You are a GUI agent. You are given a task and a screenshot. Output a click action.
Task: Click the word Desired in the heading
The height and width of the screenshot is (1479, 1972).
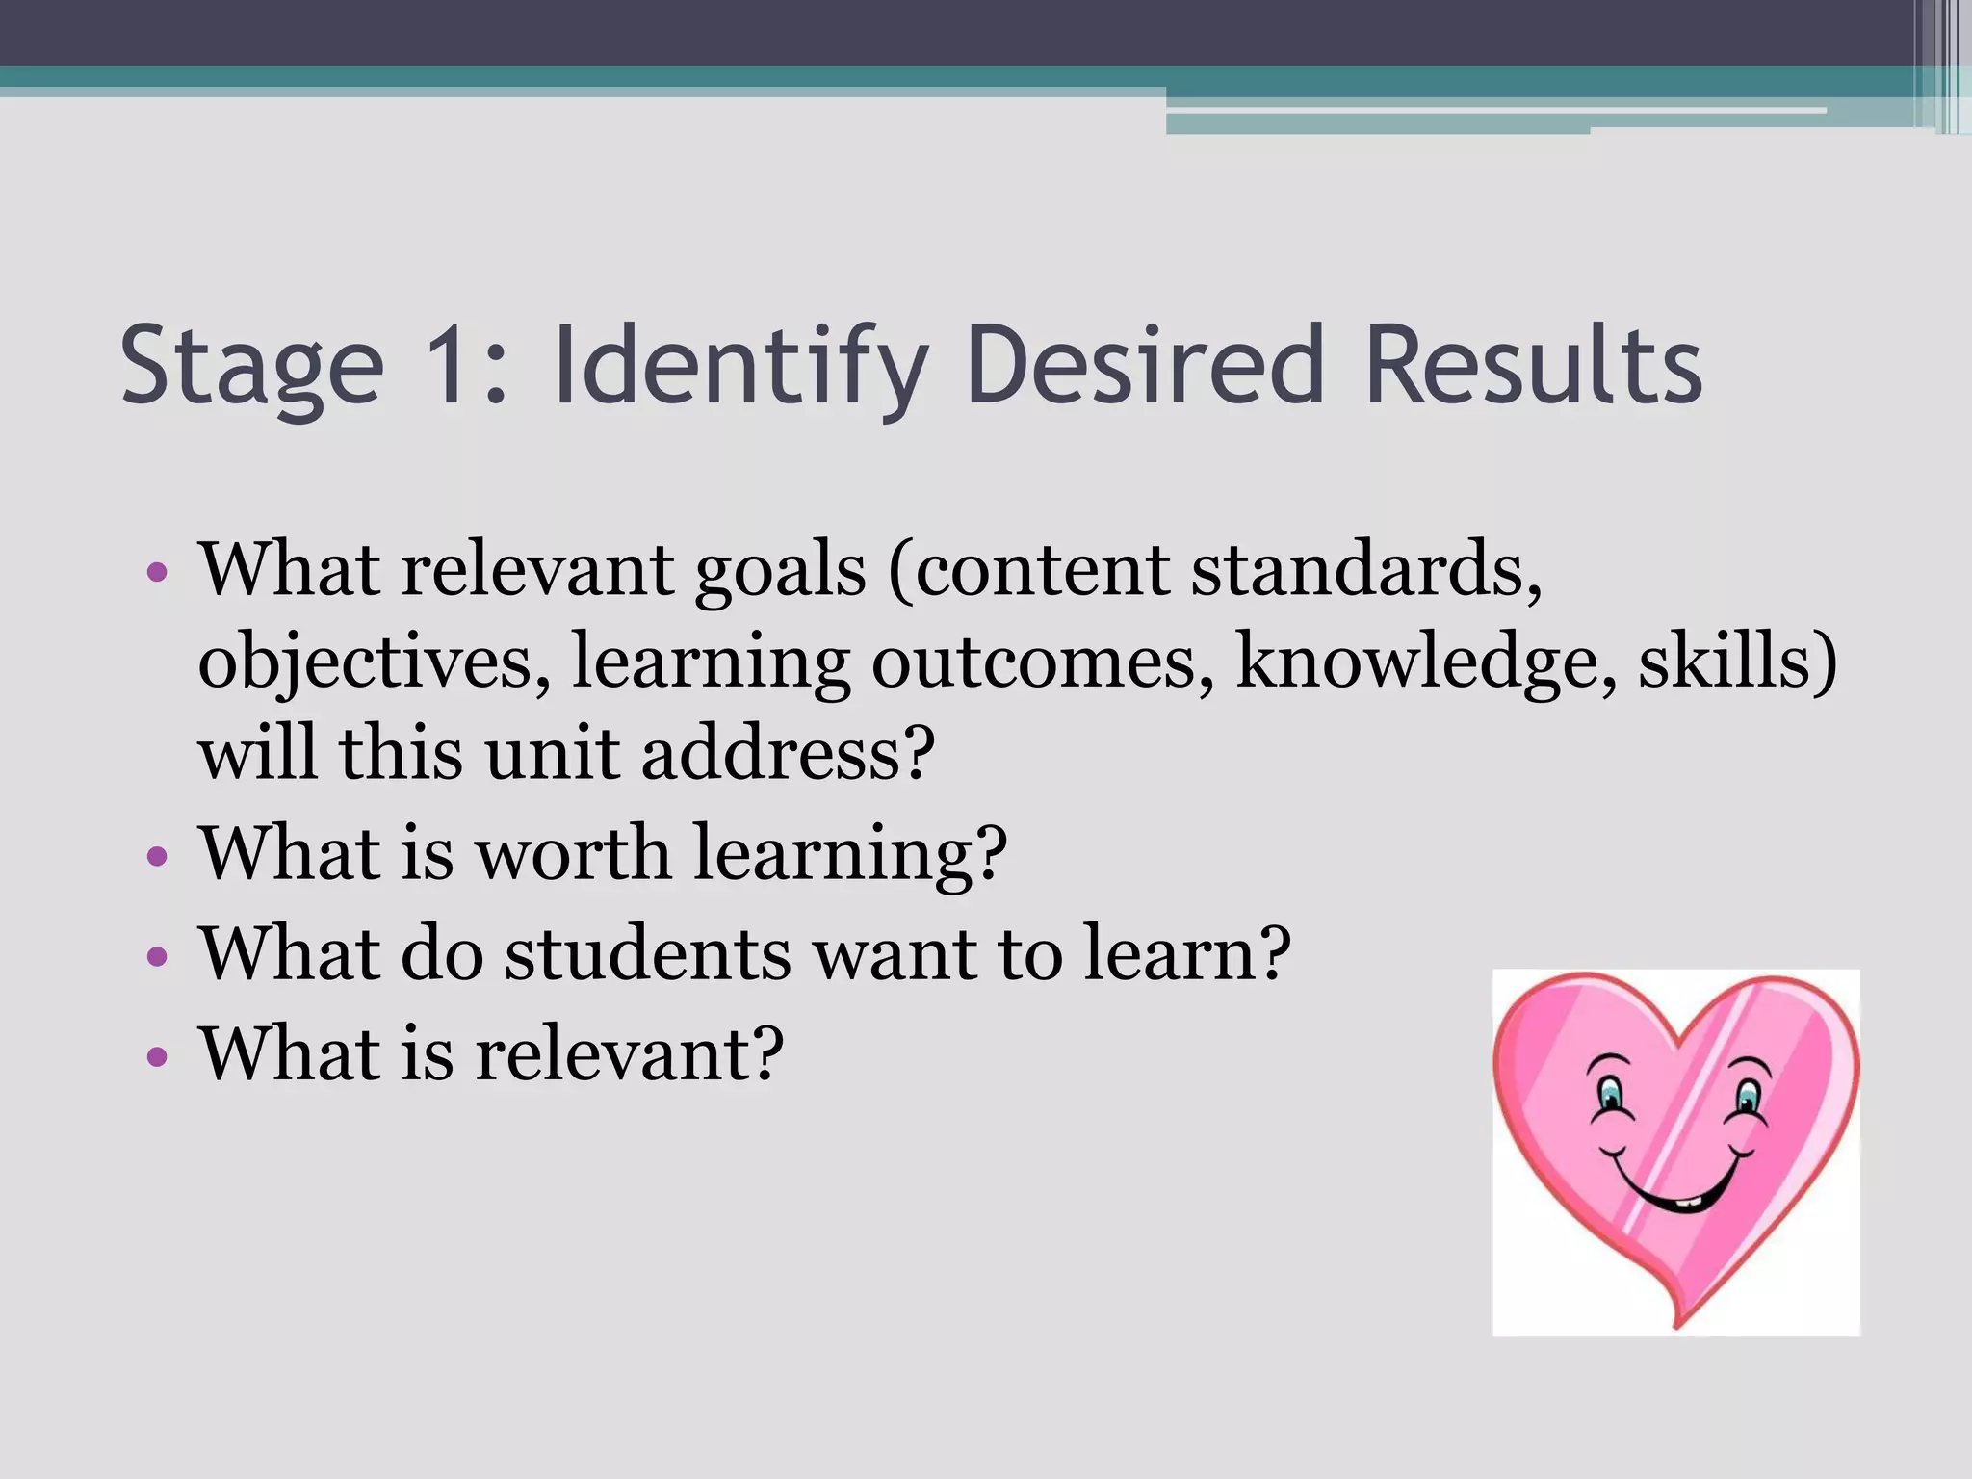(x=1147, y=366)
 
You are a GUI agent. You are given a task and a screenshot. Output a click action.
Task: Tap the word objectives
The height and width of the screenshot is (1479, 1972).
(x=366, y=664)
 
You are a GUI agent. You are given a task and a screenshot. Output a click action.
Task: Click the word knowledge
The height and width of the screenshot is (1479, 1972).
(x=1415, y=664)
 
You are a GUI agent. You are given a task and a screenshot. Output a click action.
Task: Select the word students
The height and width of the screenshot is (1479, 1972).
(x=647, y=953)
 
